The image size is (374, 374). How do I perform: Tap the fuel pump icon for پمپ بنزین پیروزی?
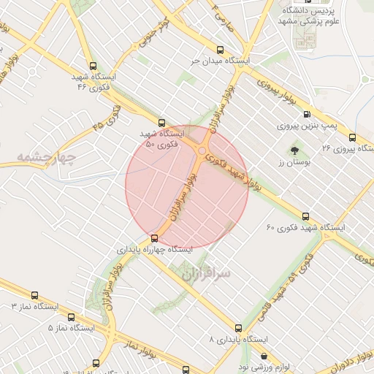pyautogui.click(x=306, y=114)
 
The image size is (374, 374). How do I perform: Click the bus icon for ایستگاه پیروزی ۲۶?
pyautogui.click(x=353, y=137)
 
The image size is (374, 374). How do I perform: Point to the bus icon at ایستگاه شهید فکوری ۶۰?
pyautogui.click(x=305, y=216)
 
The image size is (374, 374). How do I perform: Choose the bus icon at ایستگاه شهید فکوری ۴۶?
pyautogui.click(x=91, y=66)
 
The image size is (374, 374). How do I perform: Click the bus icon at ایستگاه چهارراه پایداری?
pyautogui.click(x=154, y=238)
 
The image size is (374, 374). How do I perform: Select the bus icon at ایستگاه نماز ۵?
pyautogui.click(x=72, y=317)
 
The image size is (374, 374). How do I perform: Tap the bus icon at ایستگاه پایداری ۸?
pyautogui.click(x=238, y=328)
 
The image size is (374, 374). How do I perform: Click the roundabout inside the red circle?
pyautogui.click(x=202, y=151)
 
